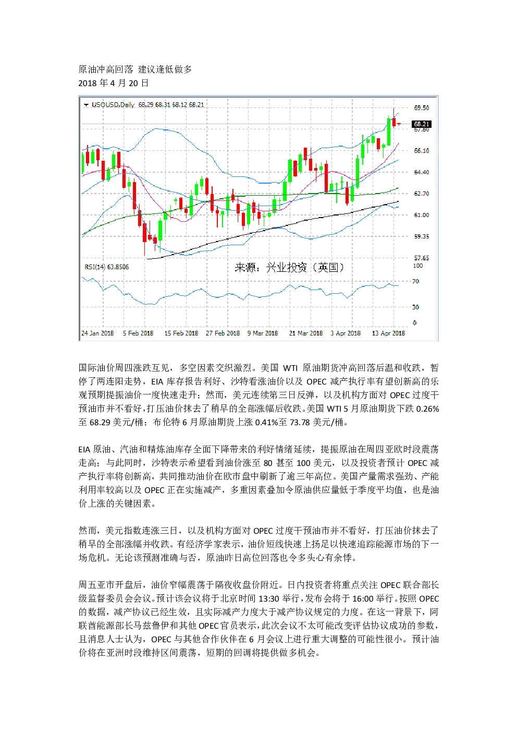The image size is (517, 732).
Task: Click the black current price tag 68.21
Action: pos(422,124)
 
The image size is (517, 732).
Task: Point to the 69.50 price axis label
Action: pos(422,108)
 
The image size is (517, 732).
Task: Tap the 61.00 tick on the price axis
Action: pos(422,215)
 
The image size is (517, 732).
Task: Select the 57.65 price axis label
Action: pos(422,258)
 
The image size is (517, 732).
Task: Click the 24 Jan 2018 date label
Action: pos(97,333)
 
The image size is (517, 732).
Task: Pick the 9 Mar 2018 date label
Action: pos(263,333)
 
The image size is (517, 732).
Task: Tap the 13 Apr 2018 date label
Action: pos(388,333)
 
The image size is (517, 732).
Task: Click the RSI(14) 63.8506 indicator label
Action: pos(107,267)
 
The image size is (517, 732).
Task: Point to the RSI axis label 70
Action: pos(415,281)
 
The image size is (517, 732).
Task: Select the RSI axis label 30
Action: pos(415,307)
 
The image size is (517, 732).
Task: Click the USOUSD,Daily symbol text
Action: pos(113,104)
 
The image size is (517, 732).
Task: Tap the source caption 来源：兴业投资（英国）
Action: pos(289,268)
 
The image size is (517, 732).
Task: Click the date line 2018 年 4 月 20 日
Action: pos(114,83)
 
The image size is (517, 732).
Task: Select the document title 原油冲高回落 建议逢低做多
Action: pos(135,69)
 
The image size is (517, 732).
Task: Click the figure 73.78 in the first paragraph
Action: pos(300,422)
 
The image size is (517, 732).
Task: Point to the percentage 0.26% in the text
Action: pos(427,409)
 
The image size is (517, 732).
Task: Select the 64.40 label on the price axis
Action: pos(422,172)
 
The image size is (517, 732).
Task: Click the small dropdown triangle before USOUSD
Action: pos(86,105)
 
